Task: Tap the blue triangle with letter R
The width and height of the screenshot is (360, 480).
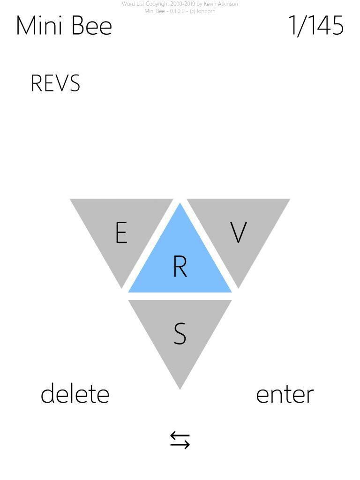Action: [x=180, y=262]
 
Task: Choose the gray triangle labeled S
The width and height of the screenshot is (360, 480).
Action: [x=180, y=333]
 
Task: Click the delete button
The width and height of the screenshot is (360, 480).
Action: [x=75, y=394]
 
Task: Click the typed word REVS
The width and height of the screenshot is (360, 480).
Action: [x=55, y=83]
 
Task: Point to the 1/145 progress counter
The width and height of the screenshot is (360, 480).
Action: [x=316, y=25]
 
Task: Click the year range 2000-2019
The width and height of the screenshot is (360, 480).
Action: [x=183, y=4]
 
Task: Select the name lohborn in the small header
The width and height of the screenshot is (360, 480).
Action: [x=206, y=11]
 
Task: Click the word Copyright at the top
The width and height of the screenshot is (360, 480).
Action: [x=157, y=4]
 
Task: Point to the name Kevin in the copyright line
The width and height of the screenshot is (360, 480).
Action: [x=210, y=4]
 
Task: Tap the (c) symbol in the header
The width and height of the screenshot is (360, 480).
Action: [x=193, y=11]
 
